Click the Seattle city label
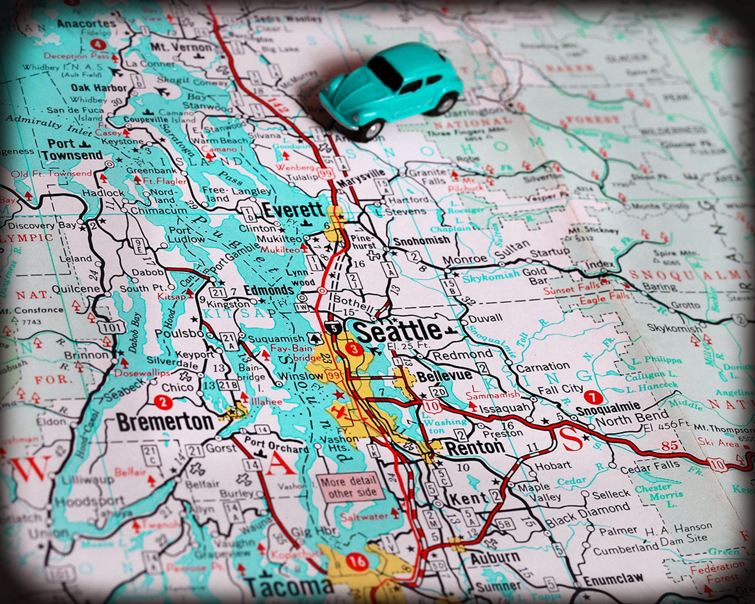(398, 331)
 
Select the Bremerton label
(165, 422)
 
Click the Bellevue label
(444, 377)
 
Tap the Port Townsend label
(72, 149)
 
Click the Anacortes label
(86, 23)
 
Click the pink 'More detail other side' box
(350, 487)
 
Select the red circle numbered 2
(163, 403)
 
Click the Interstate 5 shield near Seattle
(333, 327)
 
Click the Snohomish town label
(421, 240)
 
